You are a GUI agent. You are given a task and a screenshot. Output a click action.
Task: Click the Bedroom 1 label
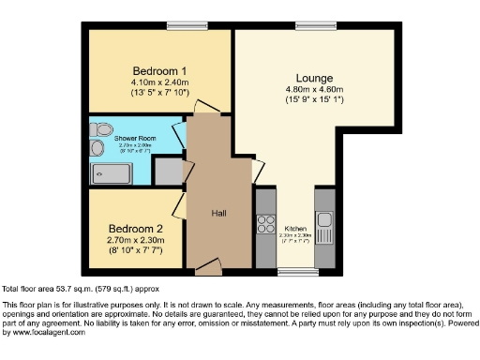point(158,70)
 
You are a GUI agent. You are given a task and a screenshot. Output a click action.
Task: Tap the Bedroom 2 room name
point(135,229)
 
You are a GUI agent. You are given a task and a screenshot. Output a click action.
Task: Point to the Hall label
point(218,213)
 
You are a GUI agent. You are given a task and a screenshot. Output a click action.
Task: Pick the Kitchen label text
point(292,228)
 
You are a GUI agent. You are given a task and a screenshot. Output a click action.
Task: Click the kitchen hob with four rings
point(263,224)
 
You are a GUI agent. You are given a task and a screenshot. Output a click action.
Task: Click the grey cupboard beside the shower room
point(168,172)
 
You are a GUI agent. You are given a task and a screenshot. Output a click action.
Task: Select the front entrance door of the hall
point(208,269)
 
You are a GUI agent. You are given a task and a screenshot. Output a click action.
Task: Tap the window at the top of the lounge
point(308,24)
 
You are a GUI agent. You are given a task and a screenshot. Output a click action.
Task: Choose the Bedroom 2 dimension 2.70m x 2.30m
point(135,241)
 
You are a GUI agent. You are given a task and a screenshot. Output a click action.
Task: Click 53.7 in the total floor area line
point(63,289)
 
